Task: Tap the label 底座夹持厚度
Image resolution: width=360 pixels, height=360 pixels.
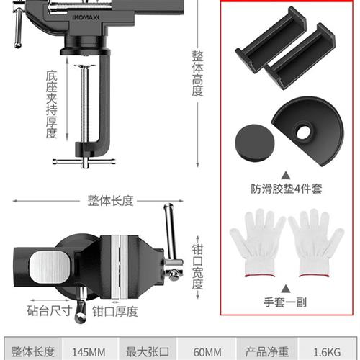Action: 51,104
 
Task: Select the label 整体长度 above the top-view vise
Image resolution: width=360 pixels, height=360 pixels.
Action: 110,200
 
